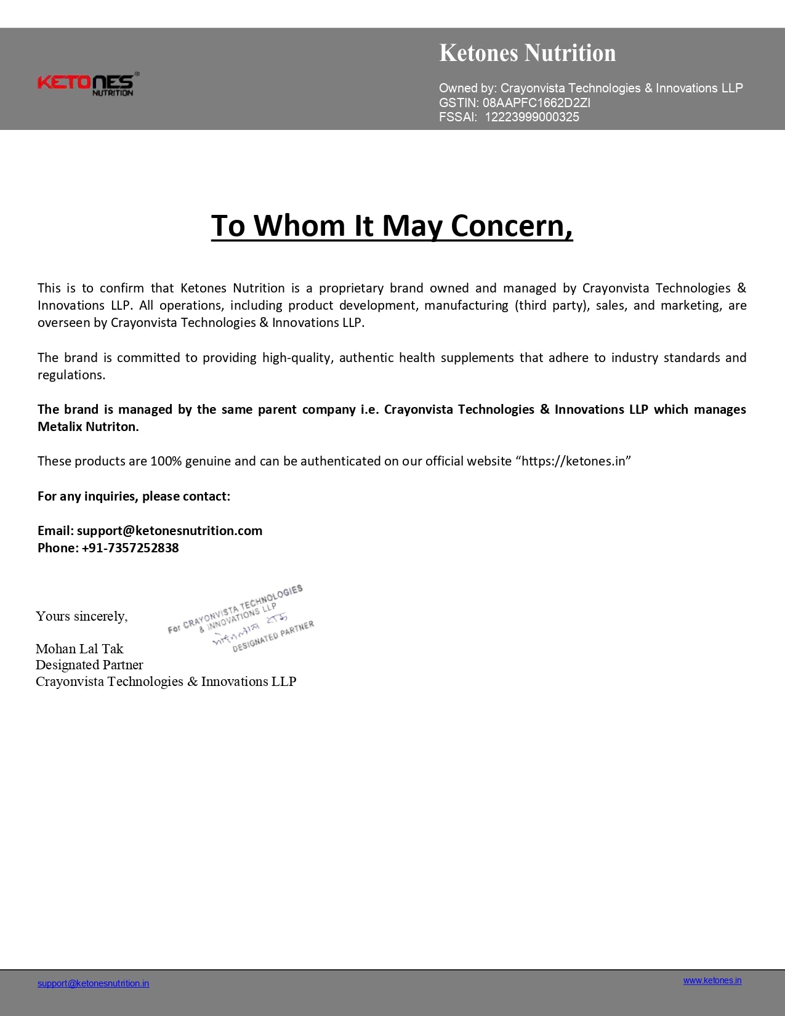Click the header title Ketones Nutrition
pyautogui.click(x=527, y=53)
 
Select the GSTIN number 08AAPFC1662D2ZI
pyautogui.click(x=536, y=103)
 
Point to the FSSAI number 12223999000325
pyautogui.click(x=532, y=117)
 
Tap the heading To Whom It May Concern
pyautogui.click(x=392, y=225)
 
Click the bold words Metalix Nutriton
pyautogui.click(x=88, y=427)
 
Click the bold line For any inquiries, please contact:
pyautogui.click(x=134, y=496)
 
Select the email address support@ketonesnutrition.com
pyautogui.click(x=169, y=531)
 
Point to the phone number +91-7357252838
pyautogui.click(x=130, y=548)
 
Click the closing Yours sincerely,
pyautogui.click(x=82, y=616)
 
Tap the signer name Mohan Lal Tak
pyautogui.click(x=79, y=648)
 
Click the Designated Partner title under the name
pyautogui.click(x=89, y=665)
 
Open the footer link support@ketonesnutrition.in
pyautogui.click(x=93, y=983)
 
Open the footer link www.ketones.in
pyautogui.click(x=712, y=980)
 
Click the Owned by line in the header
pyautogui.click(x=590, y=88)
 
